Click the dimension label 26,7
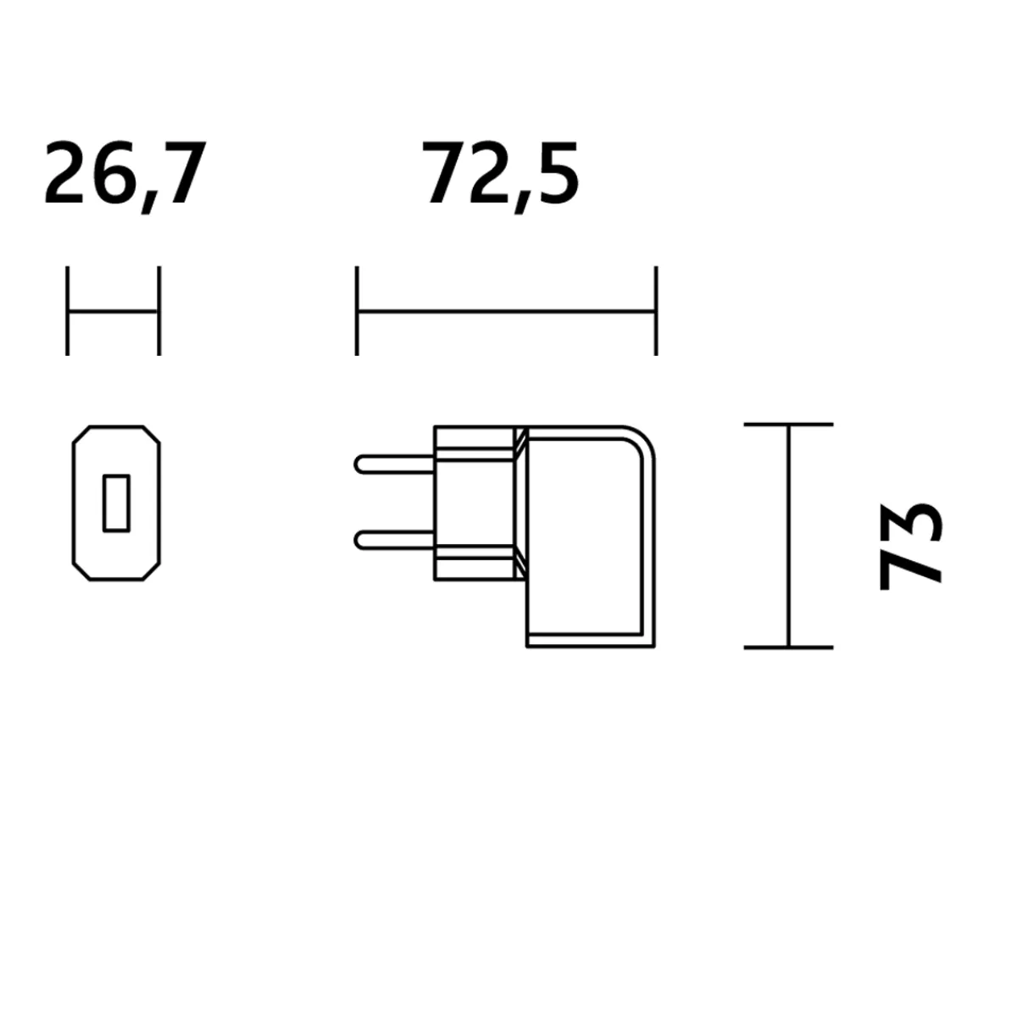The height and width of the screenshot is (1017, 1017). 125,175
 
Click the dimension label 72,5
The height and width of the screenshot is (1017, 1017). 501,175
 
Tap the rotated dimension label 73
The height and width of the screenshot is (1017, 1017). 909,546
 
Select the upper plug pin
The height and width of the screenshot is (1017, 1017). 395,464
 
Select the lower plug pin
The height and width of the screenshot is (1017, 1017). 395,539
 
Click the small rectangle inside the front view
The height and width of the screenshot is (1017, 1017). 116,503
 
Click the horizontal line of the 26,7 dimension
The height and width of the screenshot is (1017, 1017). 114,312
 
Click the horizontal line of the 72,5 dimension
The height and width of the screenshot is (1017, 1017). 506,312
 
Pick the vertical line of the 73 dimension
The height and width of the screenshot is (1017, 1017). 788,536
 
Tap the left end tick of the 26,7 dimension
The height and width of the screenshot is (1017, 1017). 68,311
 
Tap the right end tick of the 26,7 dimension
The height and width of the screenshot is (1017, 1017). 159,311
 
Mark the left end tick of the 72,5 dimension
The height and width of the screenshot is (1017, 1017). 357,311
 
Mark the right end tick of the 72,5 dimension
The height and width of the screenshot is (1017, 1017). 656,311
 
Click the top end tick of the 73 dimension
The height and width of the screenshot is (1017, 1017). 788,424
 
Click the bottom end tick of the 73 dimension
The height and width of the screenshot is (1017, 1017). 788,647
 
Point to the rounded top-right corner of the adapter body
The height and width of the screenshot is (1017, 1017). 644,437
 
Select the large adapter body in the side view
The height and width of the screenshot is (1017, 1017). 589,538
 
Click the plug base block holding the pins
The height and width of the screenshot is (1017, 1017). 475,503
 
